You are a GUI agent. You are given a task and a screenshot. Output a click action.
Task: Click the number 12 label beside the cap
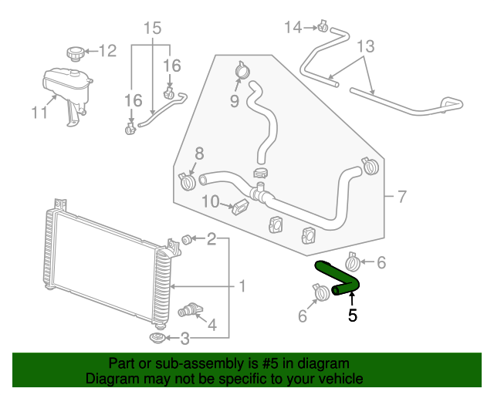click(x=107, y=52)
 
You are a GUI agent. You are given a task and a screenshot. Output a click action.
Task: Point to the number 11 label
click(x=39, y=113)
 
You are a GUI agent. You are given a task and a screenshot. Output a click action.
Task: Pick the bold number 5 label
click(x=353, y=315)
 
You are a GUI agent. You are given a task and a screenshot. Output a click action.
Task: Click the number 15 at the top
click(x=152, y=29)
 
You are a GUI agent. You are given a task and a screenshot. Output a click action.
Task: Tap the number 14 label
click(x=293, y=28)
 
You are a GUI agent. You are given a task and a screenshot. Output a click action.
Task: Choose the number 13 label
click(x=365, y=47)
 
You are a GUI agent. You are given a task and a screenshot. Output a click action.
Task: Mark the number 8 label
click(x=198, y=153)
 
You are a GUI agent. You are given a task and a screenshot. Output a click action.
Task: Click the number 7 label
click(x=401, y=197)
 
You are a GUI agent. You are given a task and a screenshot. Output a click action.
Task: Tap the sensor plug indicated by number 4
click(x=188, y=310)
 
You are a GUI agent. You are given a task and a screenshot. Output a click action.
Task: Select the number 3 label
click(x=184, y=337)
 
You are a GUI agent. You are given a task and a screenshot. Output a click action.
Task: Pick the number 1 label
click(x=242, y=287)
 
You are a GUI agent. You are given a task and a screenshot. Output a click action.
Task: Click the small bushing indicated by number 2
click(x=185, y=236)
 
